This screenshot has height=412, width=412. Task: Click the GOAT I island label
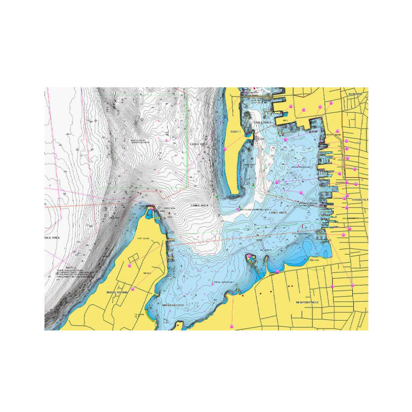point(235,131)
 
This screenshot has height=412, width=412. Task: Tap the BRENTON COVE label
point(173,305)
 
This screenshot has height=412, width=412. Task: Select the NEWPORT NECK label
point(308,302)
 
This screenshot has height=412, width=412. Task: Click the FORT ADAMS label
point(143,238)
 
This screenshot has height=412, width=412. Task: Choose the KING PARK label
point(314,260)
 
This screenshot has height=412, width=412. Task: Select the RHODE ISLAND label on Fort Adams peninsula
point(117,292)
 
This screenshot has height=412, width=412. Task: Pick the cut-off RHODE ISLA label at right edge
point(359,199)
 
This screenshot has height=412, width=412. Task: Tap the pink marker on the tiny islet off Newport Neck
point(249,257)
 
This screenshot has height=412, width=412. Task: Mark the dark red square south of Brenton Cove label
point(178,325)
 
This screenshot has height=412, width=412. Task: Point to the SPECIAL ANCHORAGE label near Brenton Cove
point(224,282)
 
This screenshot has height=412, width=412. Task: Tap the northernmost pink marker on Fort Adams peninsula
point(129,266)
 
